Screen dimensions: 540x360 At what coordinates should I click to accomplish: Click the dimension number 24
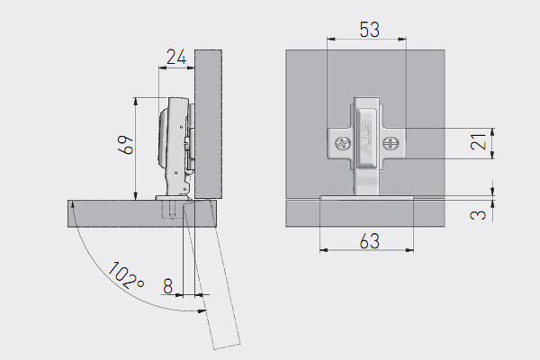176,58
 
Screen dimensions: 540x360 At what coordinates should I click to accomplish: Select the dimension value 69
126,145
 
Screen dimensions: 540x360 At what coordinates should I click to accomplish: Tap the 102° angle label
126,275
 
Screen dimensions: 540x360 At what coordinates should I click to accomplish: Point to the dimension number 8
167,286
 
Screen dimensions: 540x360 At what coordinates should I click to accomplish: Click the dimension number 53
370,30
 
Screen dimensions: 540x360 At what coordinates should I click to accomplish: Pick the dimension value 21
479,141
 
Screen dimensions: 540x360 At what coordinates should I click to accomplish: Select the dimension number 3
479,215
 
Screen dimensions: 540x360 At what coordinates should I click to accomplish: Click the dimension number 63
370,241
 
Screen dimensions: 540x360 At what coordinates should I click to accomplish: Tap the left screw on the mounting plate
343,143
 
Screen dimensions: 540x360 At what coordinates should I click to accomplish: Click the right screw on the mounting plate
391,143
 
